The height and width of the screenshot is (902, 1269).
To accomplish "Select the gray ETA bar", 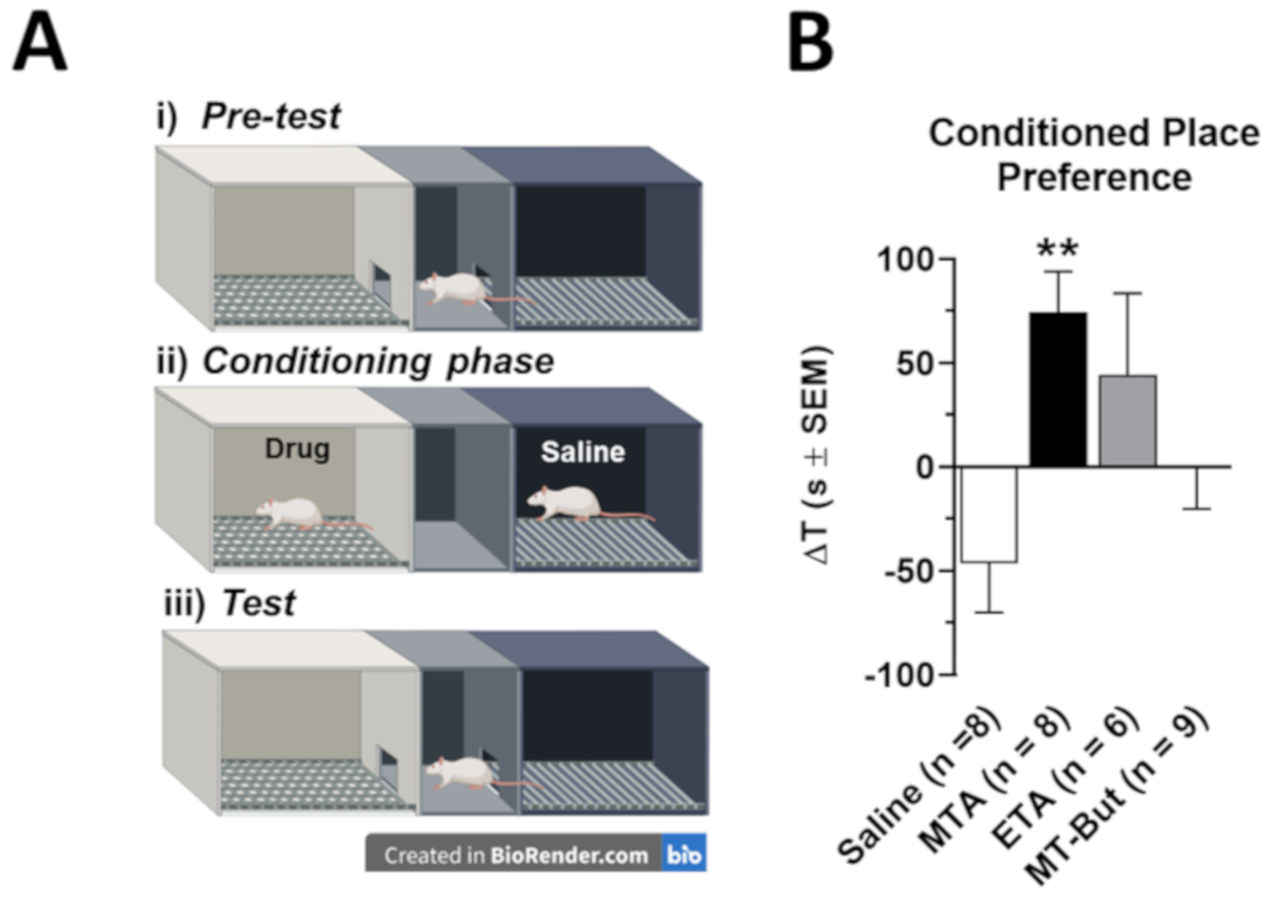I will (x=1127, y=420).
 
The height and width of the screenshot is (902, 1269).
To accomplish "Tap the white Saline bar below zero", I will (x=989, y=514).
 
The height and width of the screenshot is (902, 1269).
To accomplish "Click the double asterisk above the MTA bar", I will (x=1058, y=249).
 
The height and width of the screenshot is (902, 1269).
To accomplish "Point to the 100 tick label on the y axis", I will (x=905, y=260).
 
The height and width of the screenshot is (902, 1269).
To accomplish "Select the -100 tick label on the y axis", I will (x=900, y=676).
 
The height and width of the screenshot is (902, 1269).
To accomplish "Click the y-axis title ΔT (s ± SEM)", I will (x=817, y=455).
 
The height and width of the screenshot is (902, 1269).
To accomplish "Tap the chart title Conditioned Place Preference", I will (x=1093, y=155).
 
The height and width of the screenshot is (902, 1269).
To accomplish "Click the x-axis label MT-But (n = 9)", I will (x=1116, y=796).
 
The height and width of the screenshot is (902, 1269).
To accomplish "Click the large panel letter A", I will (x=40, y=43).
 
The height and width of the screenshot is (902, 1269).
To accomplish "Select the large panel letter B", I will (x=811, y=43).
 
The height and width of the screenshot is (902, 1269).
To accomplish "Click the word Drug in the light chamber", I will (x=297, y=449).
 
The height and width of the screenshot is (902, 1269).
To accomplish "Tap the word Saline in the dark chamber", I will (x=583, y=452).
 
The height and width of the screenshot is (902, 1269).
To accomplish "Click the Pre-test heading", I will (x=271, y=116).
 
